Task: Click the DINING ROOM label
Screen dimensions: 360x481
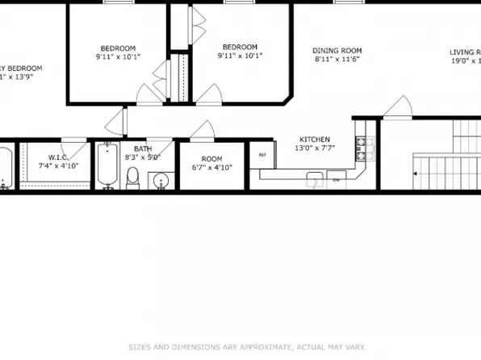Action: tap(337, 50)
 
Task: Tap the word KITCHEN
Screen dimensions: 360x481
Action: tap(315, 139)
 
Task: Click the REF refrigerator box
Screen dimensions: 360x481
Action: tap(262, 154)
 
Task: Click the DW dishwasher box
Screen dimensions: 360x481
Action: tap(337, 179)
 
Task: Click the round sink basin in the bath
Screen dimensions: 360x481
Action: tap(160, 179)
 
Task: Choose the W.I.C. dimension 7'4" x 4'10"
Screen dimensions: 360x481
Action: tap(57, 165)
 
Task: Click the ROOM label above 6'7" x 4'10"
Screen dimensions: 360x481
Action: tap(211, 158)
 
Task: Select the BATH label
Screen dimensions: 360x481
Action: tap(142, 149)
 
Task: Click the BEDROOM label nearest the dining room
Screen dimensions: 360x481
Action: tap(240, 47)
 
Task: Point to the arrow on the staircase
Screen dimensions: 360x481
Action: tap(416, 173)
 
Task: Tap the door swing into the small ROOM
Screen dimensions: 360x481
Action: tap(205, 130)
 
